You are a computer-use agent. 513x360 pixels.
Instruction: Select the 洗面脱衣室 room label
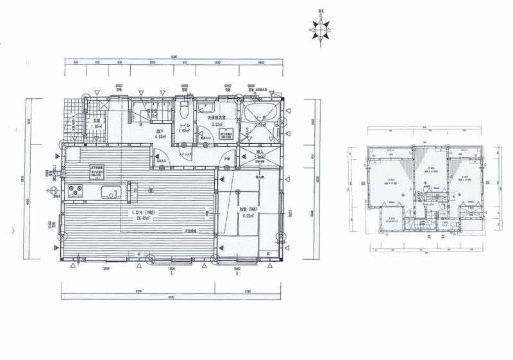pyautogui.click(x=218, y=119)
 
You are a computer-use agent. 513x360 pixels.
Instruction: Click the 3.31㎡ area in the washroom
pyautogui.click(x=218, y=125)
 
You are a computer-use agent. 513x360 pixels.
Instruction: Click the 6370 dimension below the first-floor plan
pyautogui.click(x=138, y=289)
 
